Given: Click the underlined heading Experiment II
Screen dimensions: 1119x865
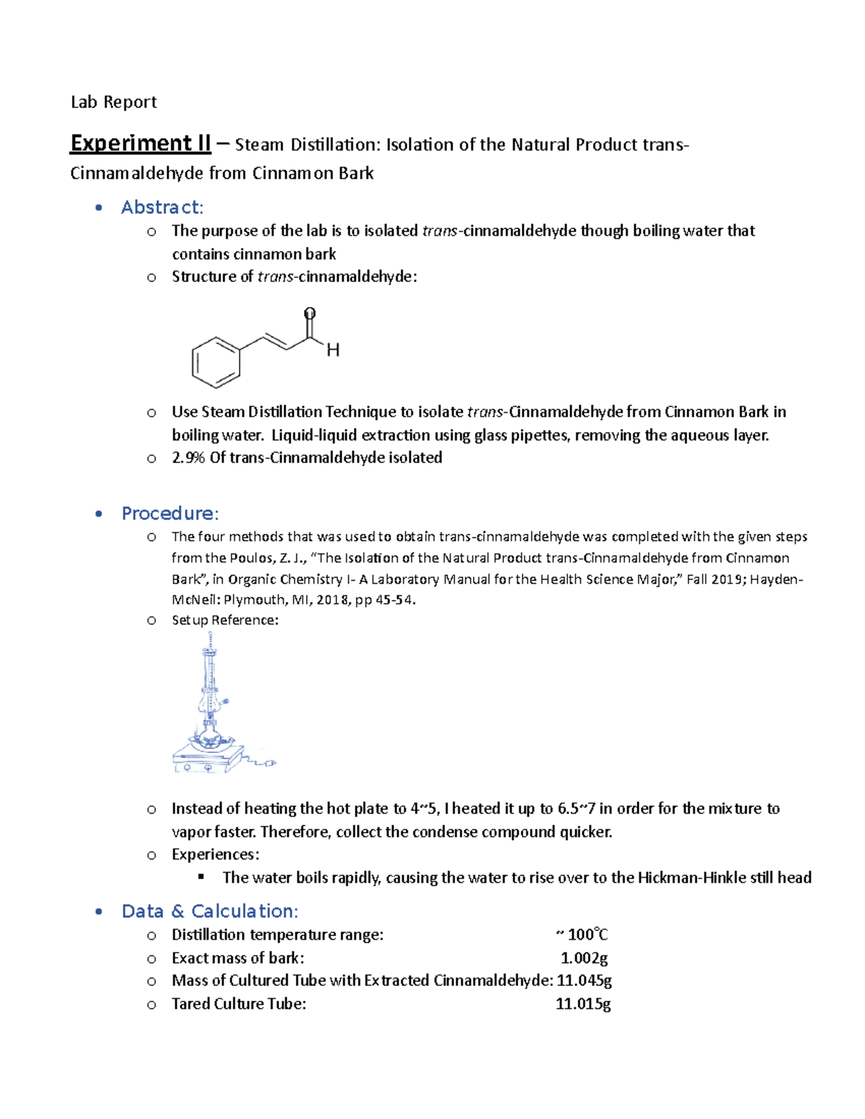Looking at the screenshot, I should click(x=140, y=143).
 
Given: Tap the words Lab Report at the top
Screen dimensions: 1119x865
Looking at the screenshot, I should click(x=113, y=102).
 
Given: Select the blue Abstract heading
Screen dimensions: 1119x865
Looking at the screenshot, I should click(x=162, y=208).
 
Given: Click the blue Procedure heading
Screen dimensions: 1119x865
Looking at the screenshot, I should click(x=169, y=514).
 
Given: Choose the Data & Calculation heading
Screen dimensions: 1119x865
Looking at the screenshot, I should click(x=210, y=911).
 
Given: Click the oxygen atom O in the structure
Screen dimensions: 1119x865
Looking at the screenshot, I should click(x=309, y=313).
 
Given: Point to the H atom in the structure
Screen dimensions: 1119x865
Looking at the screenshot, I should click(x=333, y=351).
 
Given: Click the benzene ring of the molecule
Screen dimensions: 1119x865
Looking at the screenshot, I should click(x=216, y=362).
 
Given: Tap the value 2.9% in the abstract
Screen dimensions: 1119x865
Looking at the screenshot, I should click(x=188, y=458).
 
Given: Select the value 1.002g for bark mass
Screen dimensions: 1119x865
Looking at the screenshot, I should click(x=584, y=958).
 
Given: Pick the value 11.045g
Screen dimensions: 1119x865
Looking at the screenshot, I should click(x=585, y=981).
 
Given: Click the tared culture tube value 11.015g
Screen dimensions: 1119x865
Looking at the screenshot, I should click(x=583, y=1004).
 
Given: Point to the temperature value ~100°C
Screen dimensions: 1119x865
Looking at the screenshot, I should click(x=582, y=935).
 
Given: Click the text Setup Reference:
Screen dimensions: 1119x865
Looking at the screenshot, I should click(x=225, y=620).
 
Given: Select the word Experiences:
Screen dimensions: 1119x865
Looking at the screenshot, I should click(x=215, y=855).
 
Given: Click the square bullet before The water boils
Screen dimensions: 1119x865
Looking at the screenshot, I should click(x=201, y=877).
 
